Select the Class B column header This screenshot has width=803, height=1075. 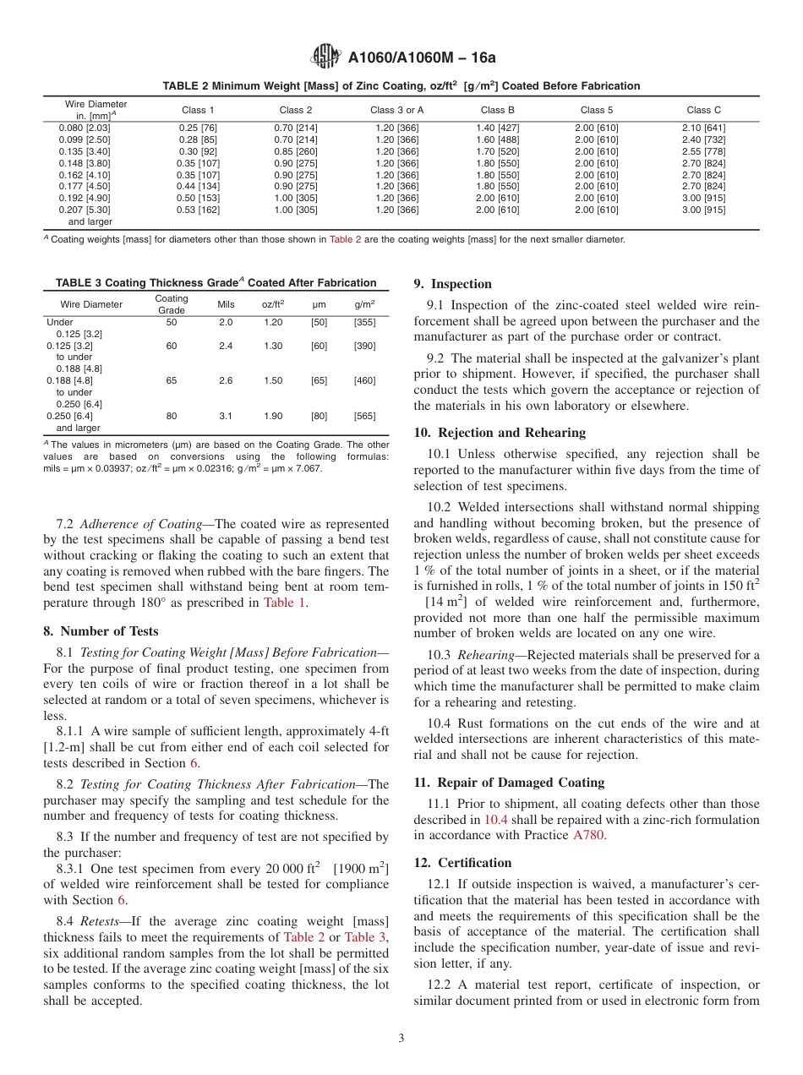(x=497, y=110)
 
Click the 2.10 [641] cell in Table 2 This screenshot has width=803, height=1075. (x=703, y=128)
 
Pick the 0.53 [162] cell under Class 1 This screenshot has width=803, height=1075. (x=199, y=210)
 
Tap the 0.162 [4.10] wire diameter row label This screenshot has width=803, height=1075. (x=85, y=175)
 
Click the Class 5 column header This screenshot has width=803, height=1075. (x=597, y=110)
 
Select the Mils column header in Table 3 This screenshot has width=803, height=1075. (x=226, y=304)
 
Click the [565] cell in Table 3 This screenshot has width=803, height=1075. (x=364, y=416)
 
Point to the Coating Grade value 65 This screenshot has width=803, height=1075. (x=172, y=381)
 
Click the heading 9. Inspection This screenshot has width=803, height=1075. (x=452, y=284)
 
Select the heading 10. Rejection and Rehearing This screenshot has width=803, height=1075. (x=500, y=433)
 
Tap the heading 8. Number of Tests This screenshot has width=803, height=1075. (x=101, y=631)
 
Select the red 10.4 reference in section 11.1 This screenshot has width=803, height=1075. (x=495, y=820)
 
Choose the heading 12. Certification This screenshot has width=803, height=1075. (x=462, y=863)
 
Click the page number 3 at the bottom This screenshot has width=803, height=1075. (x=401, y=1039)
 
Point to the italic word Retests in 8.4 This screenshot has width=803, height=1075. (x=99, y=920)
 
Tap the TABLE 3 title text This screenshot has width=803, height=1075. (x=216, y=283)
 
